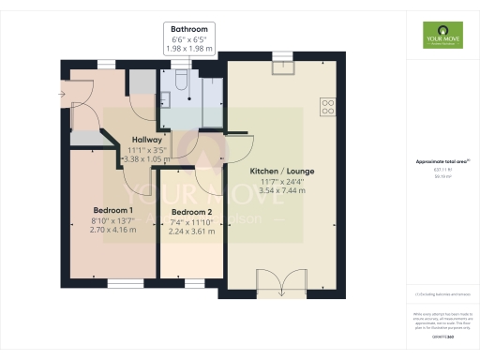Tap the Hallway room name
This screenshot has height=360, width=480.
(x=146, y=140)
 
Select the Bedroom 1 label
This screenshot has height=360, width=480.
(x=112, y=209)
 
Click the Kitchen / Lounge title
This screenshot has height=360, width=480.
(x=281, y=172)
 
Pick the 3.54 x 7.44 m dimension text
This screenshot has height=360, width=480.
(x=281, y=189)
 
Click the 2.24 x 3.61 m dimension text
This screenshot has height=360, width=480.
(x=193, y=232)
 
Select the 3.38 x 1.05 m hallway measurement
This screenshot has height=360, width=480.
(x=146, y=159)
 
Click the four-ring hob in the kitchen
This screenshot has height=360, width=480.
(x=329, y=107)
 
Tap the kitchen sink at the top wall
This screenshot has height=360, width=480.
(x=280, y=66)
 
